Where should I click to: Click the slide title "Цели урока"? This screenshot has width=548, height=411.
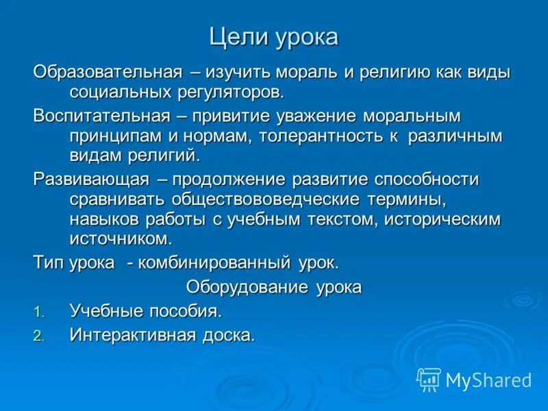tap(273, 37)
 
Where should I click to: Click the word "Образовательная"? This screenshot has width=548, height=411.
tap(108, 73)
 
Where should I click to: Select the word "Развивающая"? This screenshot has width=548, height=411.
tap(91, 179)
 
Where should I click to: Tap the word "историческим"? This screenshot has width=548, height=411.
tap(443, 219)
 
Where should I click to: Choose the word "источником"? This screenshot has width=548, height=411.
tap(119, 239)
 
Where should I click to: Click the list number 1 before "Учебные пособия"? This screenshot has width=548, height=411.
tap(38, 312)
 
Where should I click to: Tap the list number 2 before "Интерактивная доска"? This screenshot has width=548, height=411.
tap(38, 336)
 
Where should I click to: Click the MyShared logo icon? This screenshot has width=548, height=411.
tap(429, 379)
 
